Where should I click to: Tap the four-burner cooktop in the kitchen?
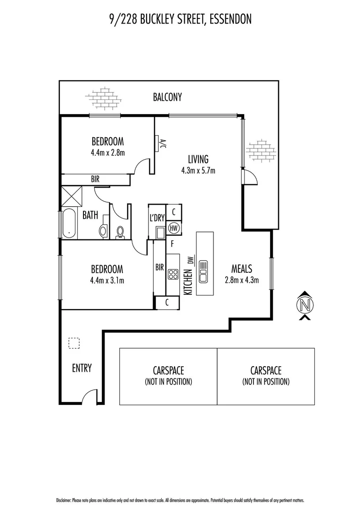pyautogui.click(x=172, y=274)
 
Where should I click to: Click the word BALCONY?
pyautogui.click(x=167, y=98)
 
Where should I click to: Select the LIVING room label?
pyautogui.click(x=198, y=159)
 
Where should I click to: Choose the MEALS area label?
pyautogui.click(x=242, y=269)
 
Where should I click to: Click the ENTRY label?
pyautogui.click(x=82, y=368)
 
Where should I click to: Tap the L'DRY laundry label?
pyautogui.click(x=156, y=218)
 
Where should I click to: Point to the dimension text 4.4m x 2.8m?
pyautogui.click(x=107, y=152)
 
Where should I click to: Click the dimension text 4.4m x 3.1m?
pyautogui.click(x=107, y=280)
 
